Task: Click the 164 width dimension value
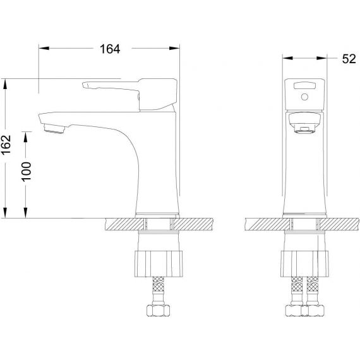[x=110, y=49]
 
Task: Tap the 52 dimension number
[x=349, y=59]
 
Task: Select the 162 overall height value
[x=6, y=145]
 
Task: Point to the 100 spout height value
[x=26, y=172]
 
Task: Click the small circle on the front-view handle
[x=304, y=97]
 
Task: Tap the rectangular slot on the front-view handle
[x=304, y=85]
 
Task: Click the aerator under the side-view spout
[x=54, y=129]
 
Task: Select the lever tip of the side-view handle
[x=85, y=85]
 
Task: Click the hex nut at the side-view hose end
[x=158, y=310]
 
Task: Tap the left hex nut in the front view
[x=294, y=311]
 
